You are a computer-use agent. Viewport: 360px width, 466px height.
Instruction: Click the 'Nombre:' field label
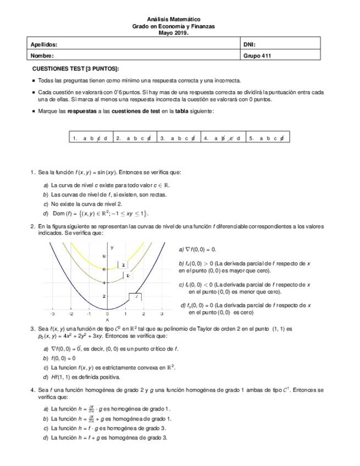point(42,56)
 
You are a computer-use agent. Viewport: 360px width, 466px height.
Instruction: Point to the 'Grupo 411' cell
point(257,56)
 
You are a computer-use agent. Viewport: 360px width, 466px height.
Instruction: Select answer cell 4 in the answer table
point(223,138)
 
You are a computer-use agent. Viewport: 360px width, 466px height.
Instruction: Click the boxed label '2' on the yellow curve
point(124,265)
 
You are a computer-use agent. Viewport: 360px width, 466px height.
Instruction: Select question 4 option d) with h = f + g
point(109,438)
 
